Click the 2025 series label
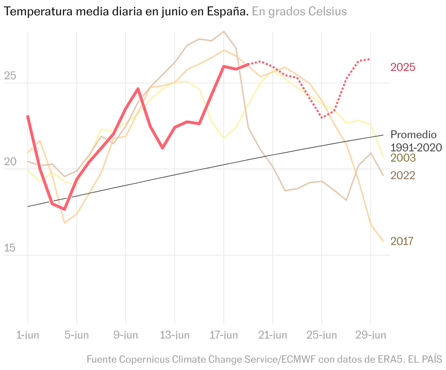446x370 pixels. coord(403,67)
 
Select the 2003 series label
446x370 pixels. coord(403,158)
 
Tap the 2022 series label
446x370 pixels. coord(403,175)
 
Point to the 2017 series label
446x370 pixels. coord(402,241)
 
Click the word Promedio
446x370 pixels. coord(413,135)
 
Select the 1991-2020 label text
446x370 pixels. coord(416,148)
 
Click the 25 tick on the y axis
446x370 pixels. coord(10,76)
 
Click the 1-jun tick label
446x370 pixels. coord(28,335)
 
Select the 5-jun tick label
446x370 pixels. coord(77,335)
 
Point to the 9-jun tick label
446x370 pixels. coord(126,335)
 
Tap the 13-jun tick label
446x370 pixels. coord(175,335)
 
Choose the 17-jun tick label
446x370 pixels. coord(224,335)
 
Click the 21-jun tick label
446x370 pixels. coord(273,335)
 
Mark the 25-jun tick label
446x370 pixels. coord(322,335)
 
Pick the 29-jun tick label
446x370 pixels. coord(371,335)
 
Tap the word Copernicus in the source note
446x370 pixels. coord(144,359)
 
